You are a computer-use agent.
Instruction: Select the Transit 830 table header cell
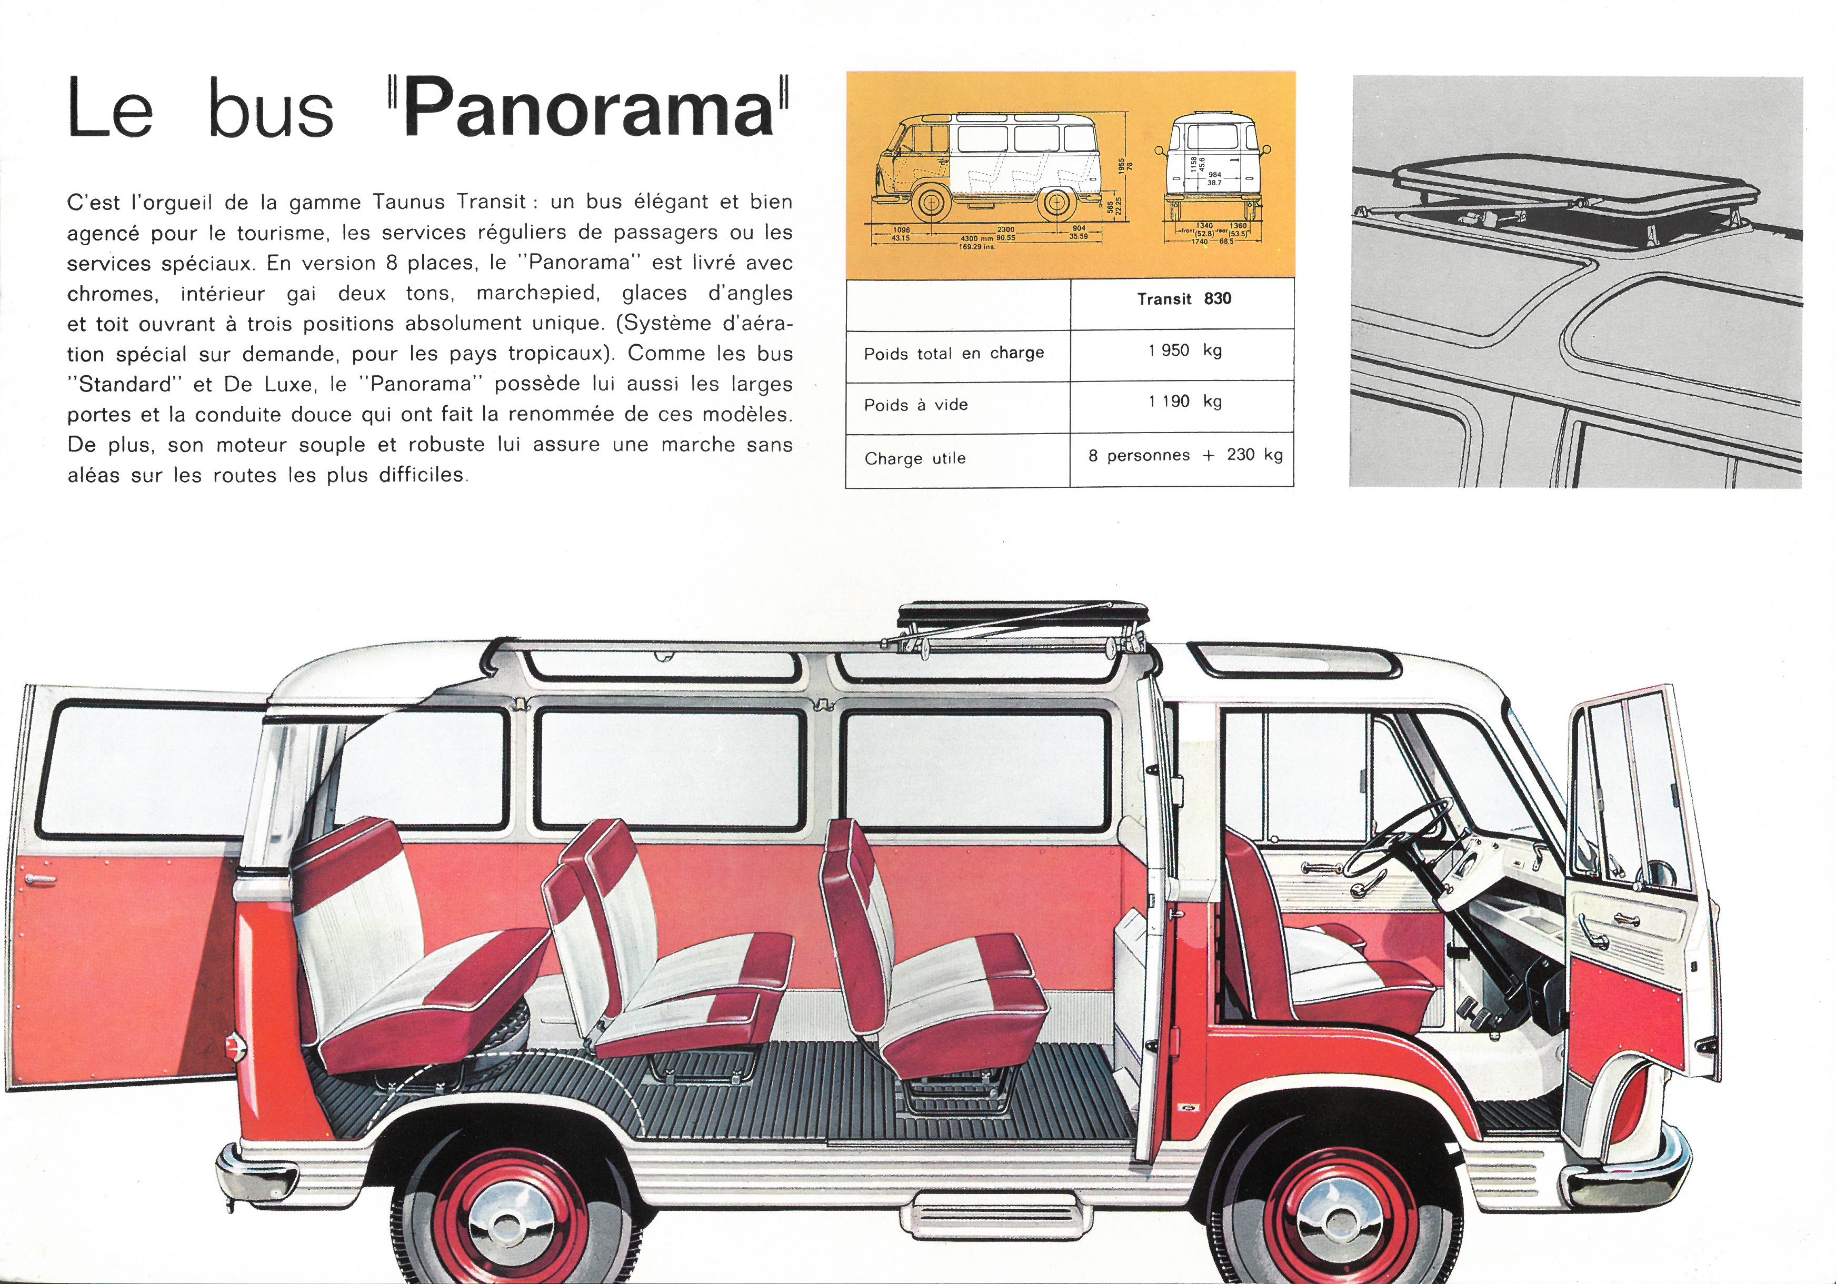1183,303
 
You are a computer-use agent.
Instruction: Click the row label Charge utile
915,459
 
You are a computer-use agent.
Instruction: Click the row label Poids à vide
915,405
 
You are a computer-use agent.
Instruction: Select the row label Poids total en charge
954,354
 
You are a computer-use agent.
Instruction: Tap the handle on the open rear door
40,881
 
